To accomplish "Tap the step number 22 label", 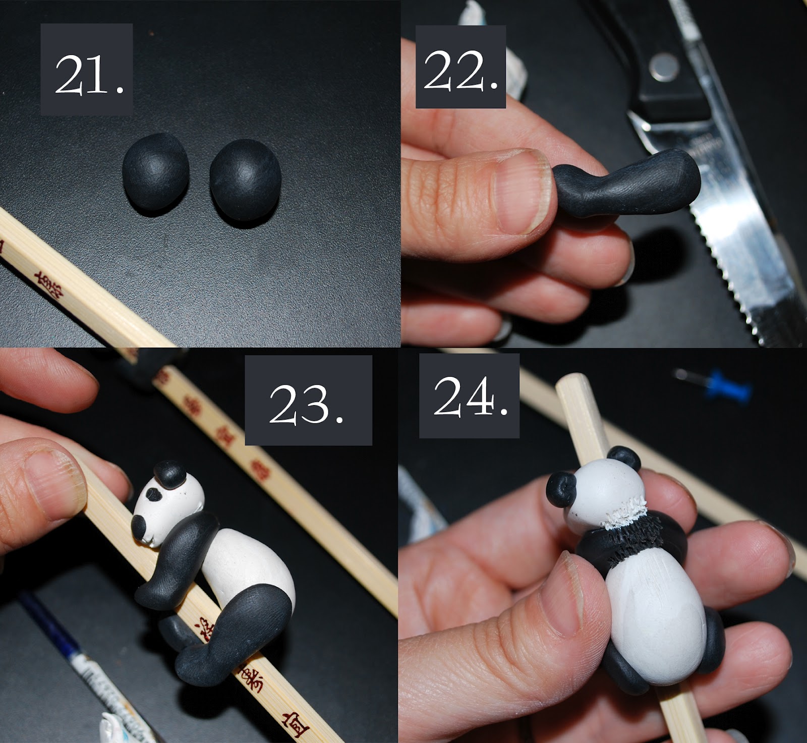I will click(460, 67).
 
